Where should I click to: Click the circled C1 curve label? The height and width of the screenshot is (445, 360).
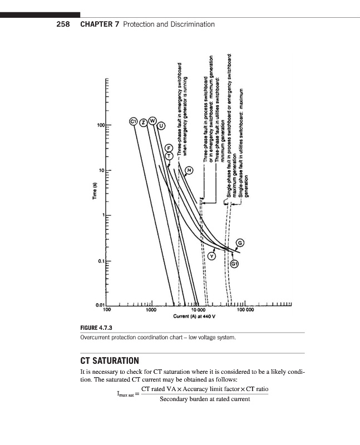134,121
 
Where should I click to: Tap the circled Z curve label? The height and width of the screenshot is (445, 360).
143,121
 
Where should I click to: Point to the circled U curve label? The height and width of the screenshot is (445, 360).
161,127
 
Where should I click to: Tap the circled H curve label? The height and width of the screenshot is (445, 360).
189,169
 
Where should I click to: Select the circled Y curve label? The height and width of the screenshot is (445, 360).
212,256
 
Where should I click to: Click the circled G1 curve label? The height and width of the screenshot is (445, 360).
235,263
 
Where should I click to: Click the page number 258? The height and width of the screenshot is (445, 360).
65,24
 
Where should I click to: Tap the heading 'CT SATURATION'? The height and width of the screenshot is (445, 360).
114,360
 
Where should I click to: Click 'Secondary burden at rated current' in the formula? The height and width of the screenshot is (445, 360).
205,399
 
